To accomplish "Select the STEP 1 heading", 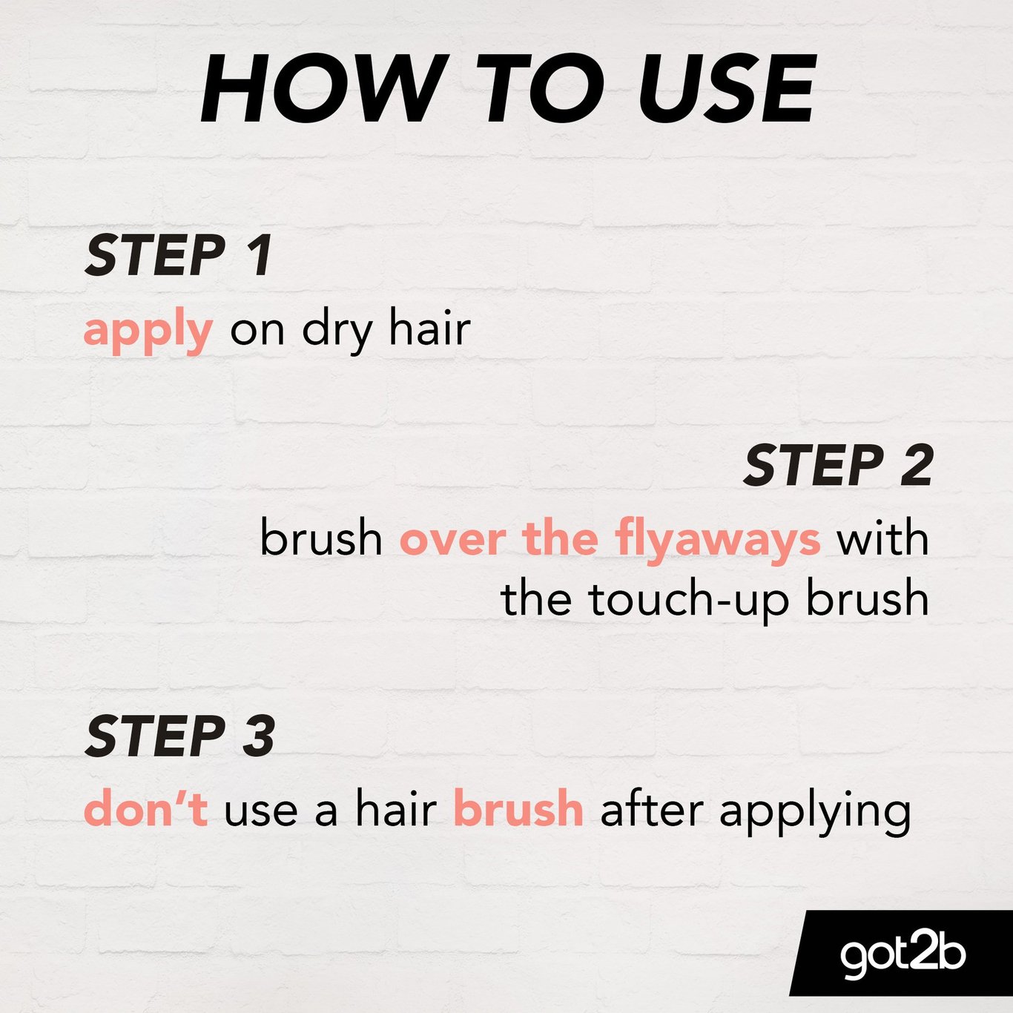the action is (178, 255).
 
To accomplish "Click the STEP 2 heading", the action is (838, 465).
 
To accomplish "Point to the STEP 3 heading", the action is (179, 736).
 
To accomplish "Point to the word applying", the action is (815, 813).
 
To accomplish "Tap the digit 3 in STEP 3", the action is (258, 736).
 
